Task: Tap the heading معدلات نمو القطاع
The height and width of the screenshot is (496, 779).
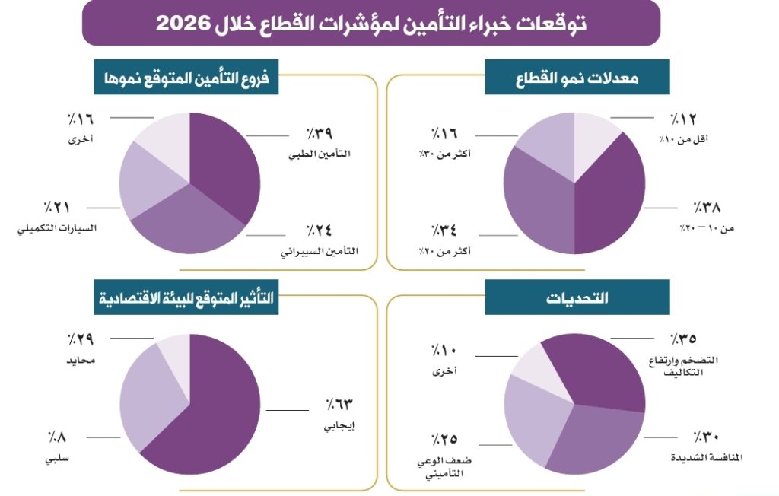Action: [x=577, y=78]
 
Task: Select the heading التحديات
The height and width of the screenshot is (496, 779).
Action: [x=577, y=297]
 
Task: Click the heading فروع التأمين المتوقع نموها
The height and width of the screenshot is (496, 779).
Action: [x=186, y=78]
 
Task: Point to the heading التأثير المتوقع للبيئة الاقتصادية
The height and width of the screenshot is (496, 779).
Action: [x=186, y=297]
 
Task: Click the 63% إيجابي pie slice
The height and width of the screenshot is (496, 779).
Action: [x=213, y=411]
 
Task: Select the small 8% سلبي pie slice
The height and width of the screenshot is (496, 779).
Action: [x=174, y=350]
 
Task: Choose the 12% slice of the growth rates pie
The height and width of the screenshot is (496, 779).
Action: [x=593, y=141]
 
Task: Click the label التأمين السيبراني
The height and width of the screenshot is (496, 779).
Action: [x=320, y=251]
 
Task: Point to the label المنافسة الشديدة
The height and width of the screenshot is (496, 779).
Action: [x=707, y=458]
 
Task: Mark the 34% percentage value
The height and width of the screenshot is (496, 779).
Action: [x=445, y=230]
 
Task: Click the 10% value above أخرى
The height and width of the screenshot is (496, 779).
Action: [x=445, y=350]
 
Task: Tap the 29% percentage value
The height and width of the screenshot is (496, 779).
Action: [x=80, y=339]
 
